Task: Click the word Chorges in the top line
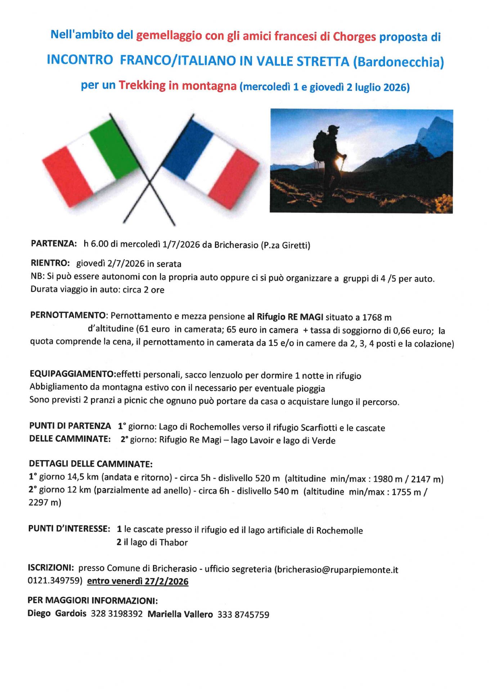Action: (354, 37)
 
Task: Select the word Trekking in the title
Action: (142, 85)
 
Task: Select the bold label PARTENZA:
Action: (54, 244)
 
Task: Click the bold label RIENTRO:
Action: (50, 263)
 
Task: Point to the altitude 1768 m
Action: (377, 318)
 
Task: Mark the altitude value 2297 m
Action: (45, 502)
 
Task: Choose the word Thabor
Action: (174, 542)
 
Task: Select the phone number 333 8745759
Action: (243, 615)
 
